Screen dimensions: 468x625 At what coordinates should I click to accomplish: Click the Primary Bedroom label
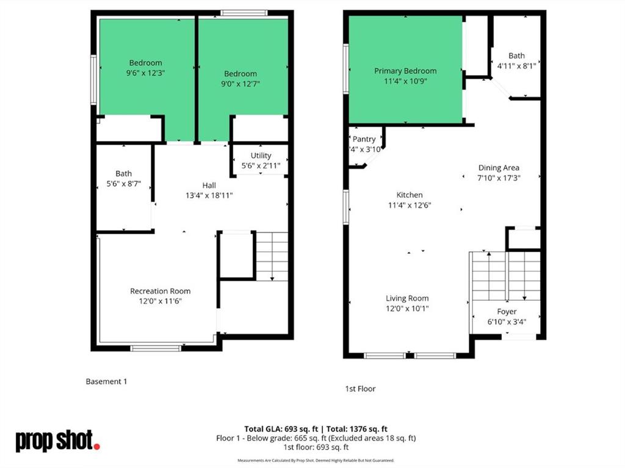click(405, 71)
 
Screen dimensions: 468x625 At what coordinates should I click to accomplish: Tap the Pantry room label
click(364, 139)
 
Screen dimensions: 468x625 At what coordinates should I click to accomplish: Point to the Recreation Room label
click(160, 291)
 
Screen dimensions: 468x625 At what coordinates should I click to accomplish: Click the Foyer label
click(507, 311)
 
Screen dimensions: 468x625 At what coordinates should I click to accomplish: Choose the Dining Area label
click(499, 168)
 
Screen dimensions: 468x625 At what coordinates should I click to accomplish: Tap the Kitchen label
click(410, 195)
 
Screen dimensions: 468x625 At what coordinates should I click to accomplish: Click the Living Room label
click(407, 298)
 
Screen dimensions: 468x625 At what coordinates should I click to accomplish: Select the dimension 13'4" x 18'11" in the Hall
click(209, 195)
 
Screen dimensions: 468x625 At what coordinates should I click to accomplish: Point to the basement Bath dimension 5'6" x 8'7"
click(124, 184)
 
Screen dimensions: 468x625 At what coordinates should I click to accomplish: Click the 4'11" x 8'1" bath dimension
click(516, 65)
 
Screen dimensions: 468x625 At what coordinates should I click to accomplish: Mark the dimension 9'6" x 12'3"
click(145, 73)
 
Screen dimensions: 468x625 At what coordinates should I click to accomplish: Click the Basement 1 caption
click(106, 381)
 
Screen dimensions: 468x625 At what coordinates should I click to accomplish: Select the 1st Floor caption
click(360, 389)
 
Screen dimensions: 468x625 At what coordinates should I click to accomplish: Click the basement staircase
click(272, 256)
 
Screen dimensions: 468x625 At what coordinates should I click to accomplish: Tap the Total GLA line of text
click(316, 429)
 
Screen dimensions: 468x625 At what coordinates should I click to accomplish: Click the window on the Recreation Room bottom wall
click(156, 348)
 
